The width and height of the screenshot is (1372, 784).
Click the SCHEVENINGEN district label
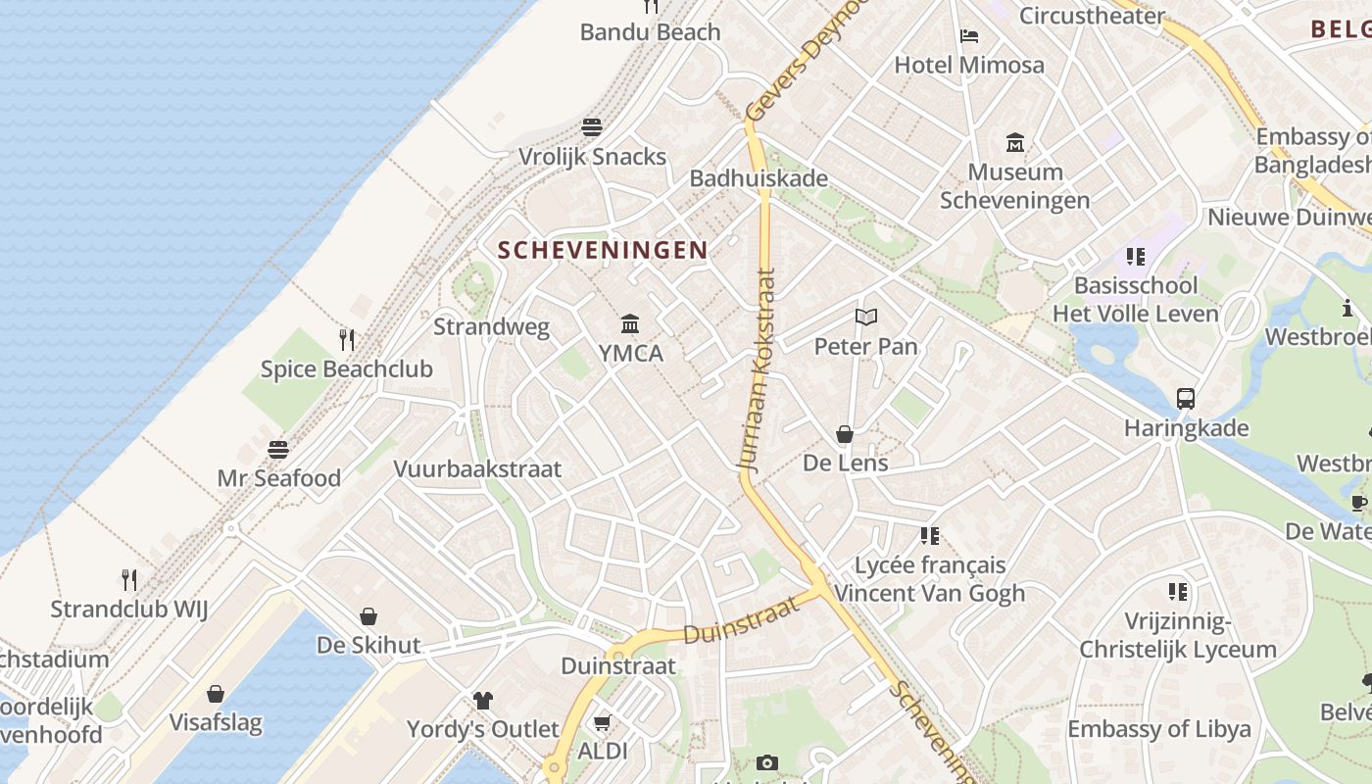602,250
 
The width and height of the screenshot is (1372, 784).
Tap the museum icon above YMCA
630,323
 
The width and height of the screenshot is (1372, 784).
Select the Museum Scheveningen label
1015,186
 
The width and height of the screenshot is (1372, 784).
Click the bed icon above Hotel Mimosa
969,36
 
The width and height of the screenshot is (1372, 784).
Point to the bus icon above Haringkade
1186,399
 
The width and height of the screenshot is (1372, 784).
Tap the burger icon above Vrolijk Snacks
592,127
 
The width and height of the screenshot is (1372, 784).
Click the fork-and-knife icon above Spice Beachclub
347,340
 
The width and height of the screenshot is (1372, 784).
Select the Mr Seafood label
279,478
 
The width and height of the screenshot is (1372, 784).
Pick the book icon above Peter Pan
865,317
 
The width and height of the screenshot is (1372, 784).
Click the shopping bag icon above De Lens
845,434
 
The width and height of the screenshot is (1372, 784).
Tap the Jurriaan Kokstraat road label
760,371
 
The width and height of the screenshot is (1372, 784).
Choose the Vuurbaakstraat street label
477,468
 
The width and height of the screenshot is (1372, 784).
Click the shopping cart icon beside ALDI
602,723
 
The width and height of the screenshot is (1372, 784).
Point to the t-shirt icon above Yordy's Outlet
483,700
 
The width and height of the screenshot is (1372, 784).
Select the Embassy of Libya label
1158,729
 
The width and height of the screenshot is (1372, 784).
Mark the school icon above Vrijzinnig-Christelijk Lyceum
1178,592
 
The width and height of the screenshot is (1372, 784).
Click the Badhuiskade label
759,178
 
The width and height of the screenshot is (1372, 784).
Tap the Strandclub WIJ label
129,609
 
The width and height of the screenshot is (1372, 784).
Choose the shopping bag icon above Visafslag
216,694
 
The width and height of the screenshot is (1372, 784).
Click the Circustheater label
1092,16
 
